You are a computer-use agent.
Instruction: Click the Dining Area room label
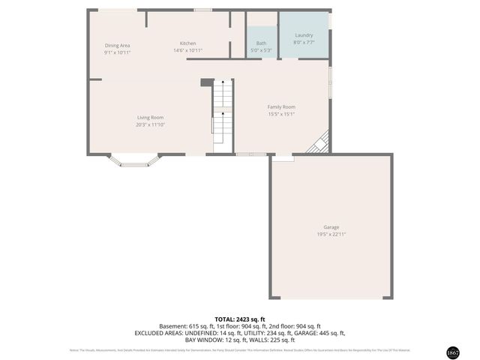(117, 45)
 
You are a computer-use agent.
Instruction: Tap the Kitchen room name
(187, 43)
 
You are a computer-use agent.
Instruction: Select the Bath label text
(261, 43)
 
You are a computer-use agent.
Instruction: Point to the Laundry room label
(304, 35)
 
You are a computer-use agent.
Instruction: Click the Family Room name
(281, 106)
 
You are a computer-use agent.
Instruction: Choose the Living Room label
(150, 117)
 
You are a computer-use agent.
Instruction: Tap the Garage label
(331, 226)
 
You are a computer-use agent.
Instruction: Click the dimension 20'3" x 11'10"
(150, 124)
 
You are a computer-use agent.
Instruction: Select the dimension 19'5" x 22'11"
(331, 234)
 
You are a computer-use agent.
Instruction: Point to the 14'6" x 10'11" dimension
(187, 51)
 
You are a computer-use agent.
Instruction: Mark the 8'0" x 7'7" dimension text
(304, 43)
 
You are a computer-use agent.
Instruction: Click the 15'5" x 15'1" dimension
(281, 114)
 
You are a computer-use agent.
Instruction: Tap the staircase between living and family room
(222, 116)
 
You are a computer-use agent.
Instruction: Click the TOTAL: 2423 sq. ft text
(239, 319)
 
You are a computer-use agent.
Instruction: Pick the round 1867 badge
(452, 352)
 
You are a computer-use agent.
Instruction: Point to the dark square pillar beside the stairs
(207, 82)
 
